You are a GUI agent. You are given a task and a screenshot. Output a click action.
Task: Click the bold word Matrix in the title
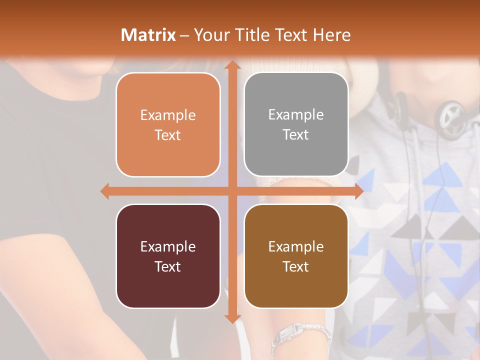pos(148,35)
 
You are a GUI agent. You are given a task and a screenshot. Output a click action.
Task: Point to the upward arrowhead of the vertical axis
pos(231,65)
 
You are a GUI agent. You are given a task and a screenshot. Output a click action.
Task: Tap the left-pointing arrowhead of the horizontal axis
pos(105,191)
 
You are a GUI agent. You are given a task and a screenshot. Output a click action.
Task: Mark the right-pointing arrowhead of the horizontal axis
pos(358,191)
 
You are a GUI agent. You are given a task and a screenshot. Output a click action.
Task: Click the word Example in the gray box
pos(296,115)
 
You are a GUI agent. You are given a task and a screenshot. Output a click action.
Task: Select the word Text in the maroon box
pos(168,266)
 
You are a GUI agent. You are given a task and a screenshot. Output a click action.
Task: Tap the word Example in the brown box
pos(296,246)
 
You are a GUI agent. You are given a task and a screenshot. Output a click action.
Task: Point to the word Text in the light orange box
pos(168,135)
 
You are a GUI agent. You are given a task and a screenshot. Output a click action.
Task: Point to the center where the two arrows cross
pos(231,191)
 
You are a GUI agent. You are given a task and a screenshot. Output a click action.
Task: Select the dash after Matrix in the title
pos(184,35)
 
